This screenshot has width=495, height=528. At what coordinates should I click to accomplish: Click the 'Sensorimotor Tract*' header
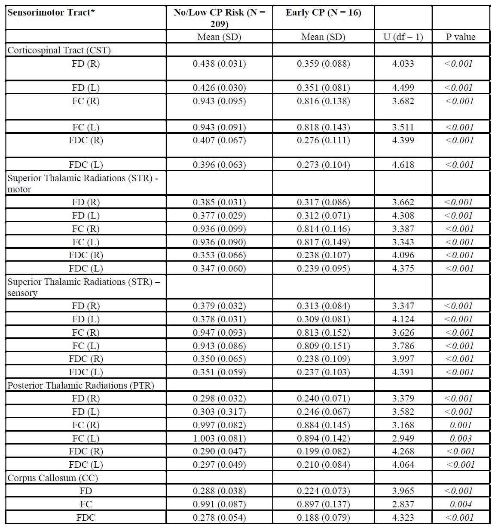tap(51, 12)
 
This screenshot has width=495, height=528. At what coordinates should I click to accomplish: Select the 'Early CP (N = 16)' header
tap(323, 12)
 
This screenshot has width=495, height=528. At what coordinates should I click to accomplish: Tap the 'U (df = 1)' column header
tap(403, 37)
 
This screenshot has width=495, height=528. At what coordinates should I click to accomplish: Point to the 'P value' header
tap(461, 37)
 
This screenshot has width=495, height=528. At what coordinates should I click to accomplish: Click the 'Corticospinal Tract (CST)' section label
tap(59, 50)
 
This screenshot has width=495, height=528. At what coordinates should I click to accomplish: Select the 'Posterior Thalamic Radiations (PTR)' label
tap(81, 386)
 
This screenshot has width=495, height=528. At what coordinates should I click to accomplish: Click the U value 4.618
tap(403, 165)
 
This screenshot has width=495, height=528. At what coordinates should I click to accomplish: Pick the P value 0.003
tap(461, 438)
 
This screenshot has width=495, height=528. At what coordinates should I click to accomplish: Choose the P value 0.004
tap(461, 504)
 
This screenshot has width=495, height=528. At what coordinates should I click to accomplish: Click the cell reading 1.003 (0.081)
tap(219, 438)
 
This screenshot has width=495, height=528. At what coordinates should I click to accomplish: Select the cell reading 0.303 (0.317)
tap(219, 412)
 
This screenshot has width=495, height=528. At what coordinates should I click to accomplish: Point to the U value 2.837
tap(403, 504)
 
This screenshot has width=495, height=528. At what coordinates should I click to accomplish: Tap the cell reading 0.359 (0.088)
tap(323, 64)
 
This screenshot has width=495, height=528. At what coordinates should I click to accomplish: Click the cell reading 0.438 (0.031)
tap(219, 64)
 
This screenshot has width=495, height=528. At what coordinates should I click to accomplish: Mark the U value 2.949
tap(403, 438)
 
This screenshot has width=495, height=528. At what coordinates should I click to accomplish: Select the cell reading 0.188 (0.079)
tap(323, 518)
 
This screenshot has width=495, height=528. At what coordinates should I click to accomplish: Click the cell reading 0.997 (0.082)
tap(219, 425)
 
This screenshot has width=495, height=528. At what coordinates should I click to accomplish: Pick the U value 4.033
tap(403, 64)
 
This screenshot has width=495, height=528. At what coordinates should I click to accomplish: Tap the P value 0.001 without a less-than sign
tap(461, 425)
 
